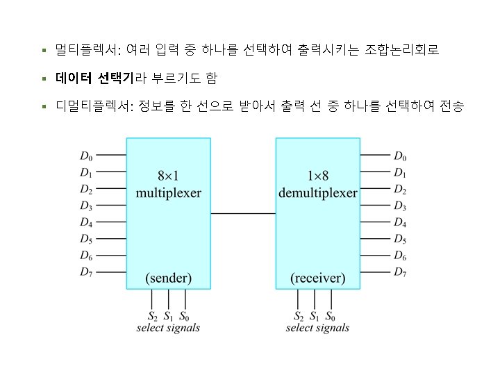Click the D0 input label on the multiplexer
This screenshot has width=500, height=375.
pyautogui.click(x=86, y=156)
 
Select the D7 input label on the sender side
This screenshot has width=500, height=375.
pyautogui.click(x=86, y=272)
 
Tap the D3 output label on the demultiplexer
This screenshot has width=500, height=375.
pyautogui.click(x=400, y=206)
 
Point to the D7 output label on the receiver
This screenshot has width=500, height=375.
pyautogui.click(x=400, y=272)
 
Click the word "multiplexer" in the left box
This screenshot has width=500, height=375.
pyautogui.click(x=168, y=192)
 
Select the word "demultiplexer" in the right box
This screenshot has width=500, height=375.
pyautogui.click(x=318, y=192)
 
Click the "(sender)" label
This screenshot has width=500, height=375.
pyautogui.click(x=168, y=278)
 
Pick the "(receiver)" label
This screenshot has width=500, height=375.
pyautogui.click(x=318, y=278)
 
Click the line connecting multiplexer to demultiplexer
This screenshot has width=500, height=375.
pyautogui.click(x=243, y=214)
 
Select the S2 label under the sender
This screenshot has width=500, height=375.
pyautogui.click(x=153, y=316)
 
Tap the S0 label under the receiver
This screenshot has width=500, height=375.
pyautogui.click(x=330, y=316)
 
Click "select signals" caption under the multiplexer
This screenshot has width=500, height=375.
pyautogui.click(x=168, y=328)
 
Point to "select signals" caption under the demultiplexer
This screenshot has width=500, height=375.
pyautogui.click(x=317, y=328)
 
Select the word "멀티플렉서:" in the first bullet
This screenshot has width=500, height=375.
pyautogui.click(x=88, y=51)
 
